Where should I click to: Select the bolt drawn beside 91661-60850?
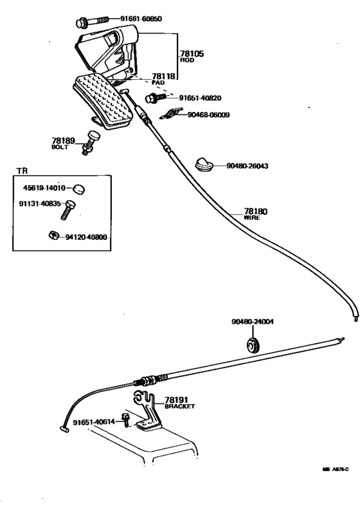point(88,23)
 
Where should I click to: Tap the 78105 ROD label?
point(191,57)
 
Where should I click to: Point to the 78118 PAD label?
point(162,78)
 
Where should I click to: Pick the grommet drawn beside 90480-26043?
point(204,165)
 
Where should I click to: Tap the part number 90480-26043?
point(247,166)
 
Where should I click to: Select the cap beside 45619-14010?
point(78,189)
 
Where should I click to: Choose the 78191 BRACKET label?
point(179,402)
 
